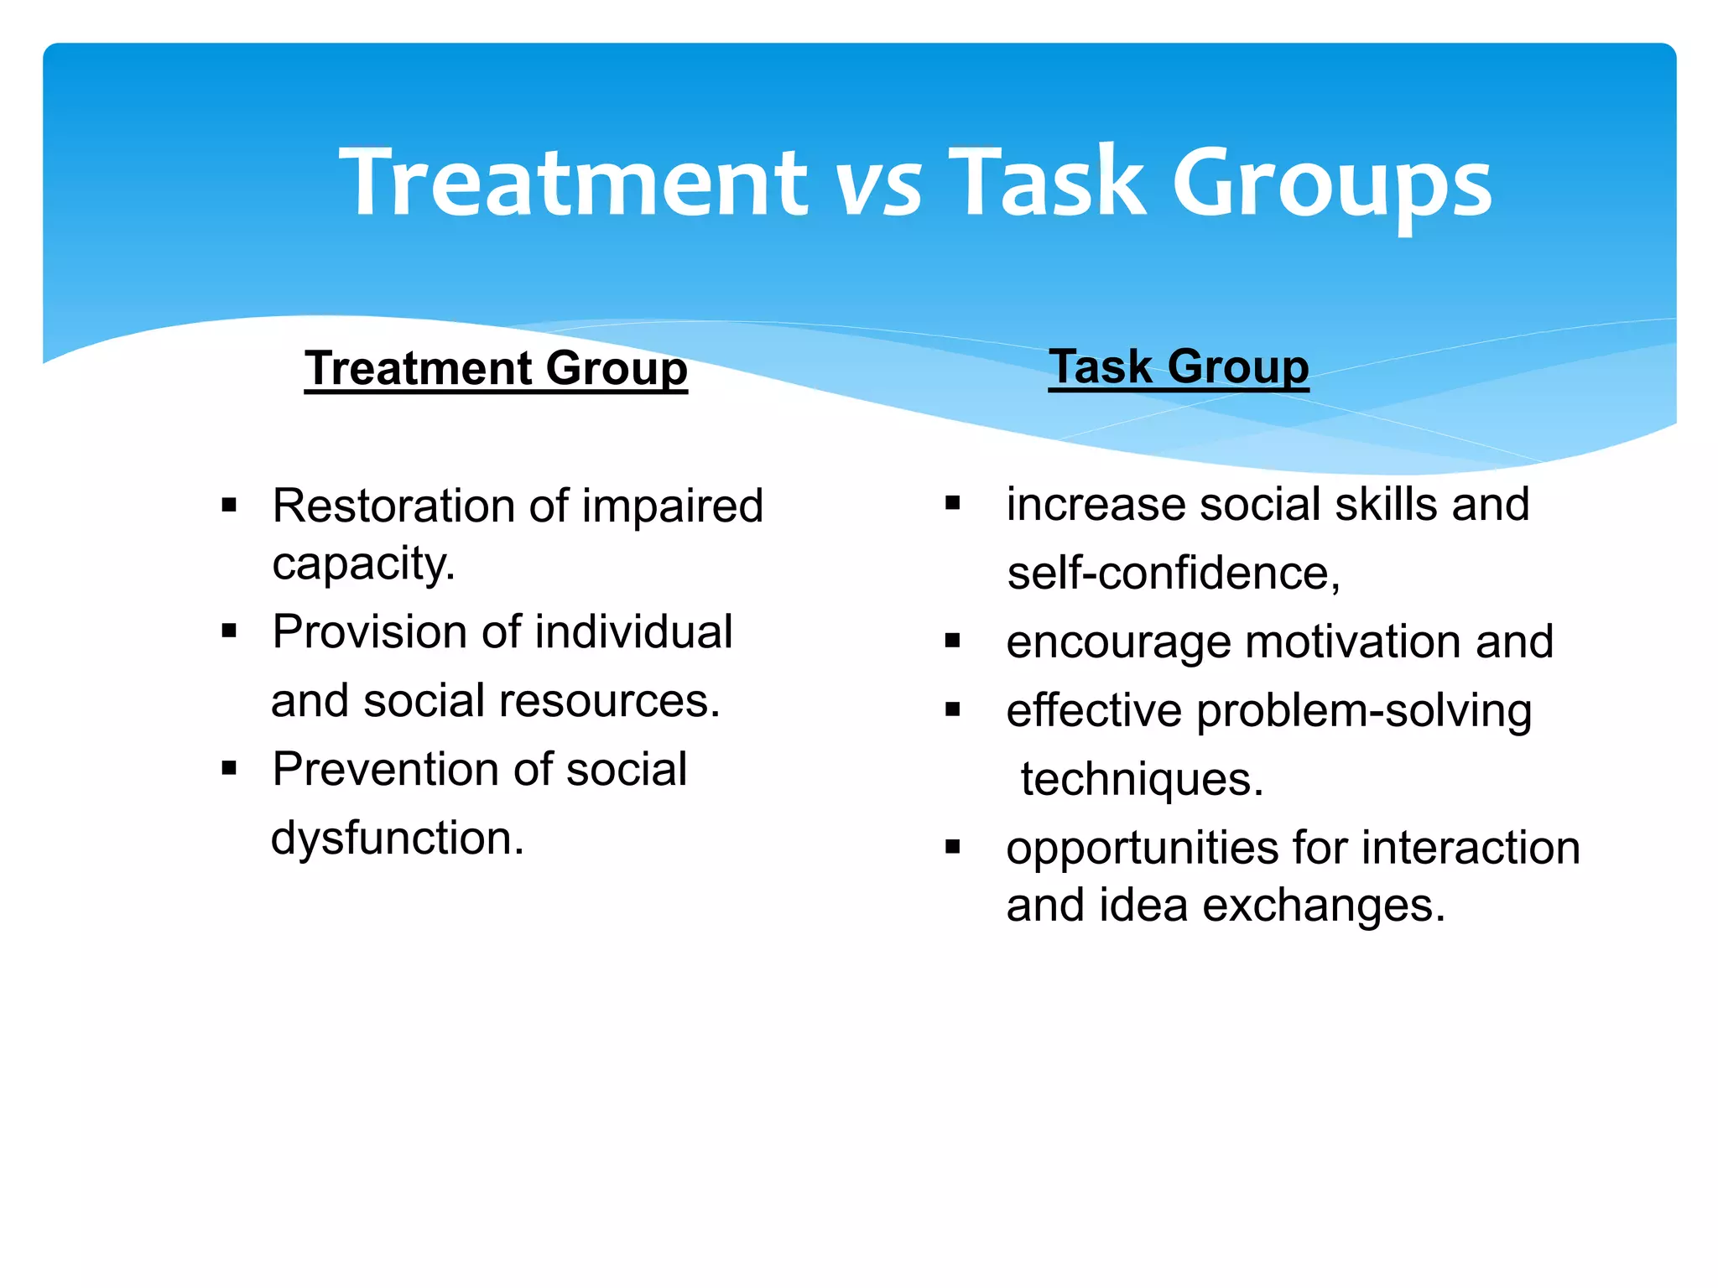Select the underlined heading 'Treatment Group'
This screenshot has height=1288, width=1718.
pyautogui.click(x=496, y=368)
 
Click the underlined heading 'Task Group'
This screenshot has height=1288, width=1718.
pyautogui.click(x=1179, y=366)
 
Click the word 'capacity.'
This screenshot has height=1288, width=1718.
pyautogui.click(x=363, y=563)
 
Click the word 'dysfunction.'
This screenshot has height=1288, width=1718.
pyautogui.click(x=398, y=838)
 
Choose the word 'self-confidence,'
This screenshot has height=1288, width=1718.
pyautogui.click(x=1174, y=574)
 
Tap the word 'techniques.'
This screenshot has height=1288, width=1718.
pyautogui.click(x=1141, y=780)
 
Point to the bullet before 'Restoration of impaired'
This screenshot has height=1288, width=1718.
pyautogui.click(x=229, y=506)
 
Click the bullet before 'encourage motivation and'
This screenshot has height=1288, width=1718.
pyautogui.click(x=952, y=641)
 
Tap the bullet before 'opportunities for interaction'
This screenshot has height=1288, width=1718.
pyautogui.click(x=952, y=847)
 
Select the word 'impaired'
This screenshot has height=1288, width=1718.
pyautogui.click(x=672, y=506)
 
